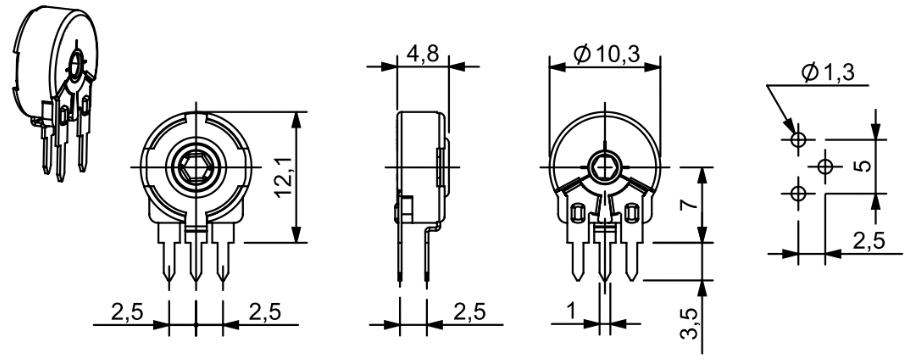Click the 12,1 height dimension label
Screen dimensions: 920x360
click(285, 178)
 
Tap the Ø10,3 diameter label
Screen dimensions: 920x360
click(606, 55)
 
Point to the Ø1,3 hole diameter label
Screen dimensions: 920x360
click(828, 73)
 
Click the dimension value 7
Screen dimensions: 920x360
click(691, 204)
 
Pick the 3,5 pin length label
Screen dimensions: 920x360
click(691, 324)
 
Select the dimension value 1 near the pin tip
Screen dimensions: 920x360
click(571, 312)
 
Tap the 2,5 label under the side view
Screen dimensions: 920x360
click(469, 312)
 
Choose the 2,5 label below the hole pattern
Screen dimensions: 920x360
click(869, 241)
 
